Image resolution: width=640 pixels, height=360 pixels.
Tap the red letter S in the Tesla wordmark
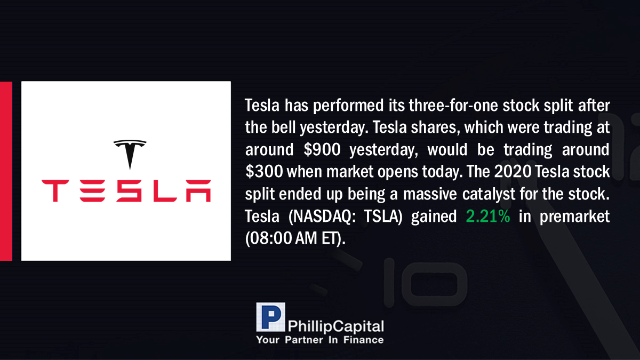tap(129, 191)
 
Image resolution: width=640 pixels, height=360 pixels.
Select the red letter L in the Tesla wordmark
tap(165, 191)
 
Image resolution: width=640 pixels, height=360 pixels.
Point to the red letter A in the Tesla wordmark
tap(198, 191)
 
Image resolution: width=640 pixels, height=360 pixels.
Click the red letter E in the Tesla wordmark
tap(92, 191)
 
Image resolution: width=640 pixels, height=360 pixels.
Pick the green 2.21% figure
tap(487, 216)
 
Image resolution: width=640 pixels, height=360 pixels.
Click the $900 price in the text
tap(322, 149)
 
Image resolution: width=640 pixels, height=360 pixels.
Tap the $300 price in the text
tap(264, 171)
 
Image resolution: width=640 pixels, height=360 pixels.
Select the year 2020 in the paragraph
tap(513, 171)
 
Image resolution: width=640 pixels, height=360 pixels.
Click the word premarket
tap(574, 217)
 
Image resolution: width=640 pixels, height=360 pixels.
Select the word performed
tap(348, 106)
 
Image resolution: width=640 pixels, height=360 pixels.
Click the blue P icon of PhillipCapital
tap(270, 317)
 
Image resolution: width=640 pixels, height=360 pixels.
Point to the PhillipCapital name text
tap(336, 326)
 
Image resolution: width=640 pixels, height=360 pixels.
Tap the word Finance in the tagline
tap(363, 340)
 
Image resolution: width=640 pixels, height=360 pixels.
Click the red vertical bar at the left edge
tap(6, 171)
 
